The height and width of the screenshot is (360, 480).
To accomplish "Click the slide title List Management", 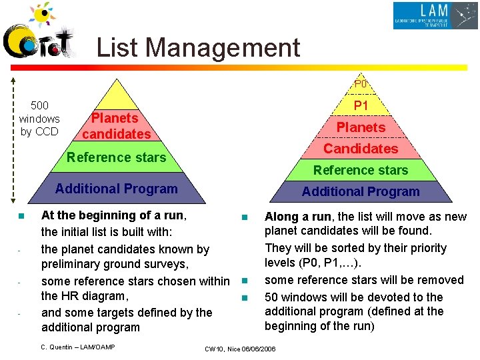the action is (198, 48).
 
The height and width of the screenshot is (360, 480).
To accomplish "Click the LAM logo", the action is (435, 15).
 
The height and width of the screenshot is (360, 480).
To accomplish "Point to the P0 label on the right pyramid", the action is (361, 85).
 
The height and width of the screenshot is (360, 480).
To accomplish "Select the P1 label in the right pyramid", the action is (361, 105).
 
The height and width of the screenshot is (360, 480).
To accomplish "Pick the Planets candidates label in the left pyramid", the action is (116, 126).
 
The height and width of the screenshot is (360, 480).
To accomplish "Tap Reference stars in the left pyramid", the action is (116, 157).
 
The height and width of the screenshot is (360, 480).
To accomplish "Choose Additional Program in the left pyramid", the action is (116, 189).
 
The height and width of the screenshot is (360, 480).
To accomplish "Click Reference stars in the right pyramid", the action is (361, 171).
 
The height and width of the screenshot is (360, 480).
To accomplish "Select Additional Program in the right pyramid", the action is (361, 192).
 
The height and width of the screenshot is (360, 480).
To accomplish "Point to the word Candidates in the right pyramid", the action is (361, 149).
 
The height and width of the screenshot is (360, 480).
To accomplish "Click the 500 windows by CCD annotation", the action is (39, 119).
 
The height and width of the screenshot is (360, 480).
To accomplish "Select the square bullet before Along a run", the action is (245, 217).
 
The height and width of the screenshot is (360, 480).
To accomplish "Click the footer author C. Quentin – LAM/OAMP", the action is (78, 347).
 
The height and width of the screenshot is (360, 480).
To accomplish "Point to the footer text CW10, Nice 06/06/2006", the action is (240, 349).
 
